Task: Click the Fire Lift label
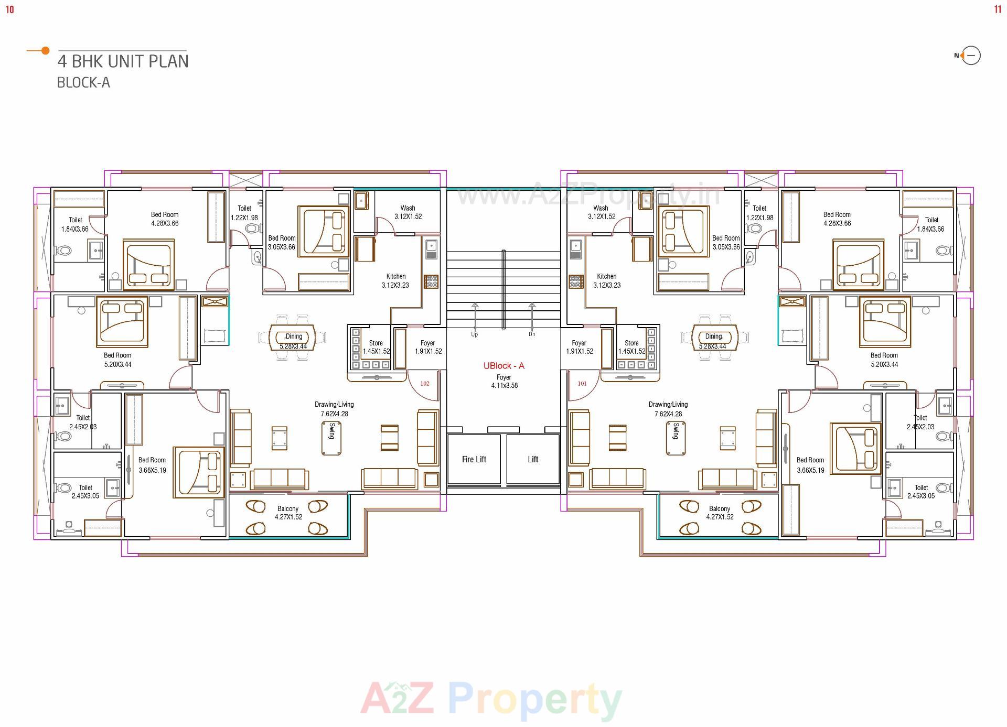pyautogui.click(x=474, y=460)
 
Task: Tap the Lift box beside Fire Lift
pyautogui.click(x=532, y=460)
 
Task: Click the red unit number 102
pyautogui.click(x=425, y=384)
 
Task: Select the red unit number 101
pyautogui.click(x=582, y=384)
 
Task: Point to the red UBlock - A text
pyautogui.click(x=504, y=366)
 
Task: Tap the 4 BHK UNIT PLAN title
pyautogui.click(x=123, y=61)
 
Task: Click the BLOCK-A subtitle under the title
pyautogui.click(x=83, y=83)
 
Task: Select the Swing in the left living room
pyautogui.click(x=331, y=438)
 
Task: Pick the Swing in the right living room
pyautogui.click(x=675, y=438)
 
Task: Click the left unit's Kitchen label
pyautogui.click(x=396, y=276)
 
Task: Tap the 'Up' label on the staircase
pyautogui.click(x=475, y=334)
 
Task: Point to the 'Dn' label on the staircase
pyautogui.click(x=532, y=334)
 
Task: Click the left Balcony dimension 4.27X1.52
pyautogui.click(x=288, y=517)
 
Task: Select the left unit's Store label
pyautogui.click(x=376, y=343)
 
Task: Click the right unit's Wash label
pyautogui.click(x=601, y=208)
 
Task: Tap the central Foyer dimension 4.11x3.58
pyautogui.click(x=504, y=386)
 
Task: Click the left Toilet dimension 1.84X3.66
pyautogui.click(x=75, y=229)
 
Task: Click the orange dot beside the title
pyautogui.click(x=46, y=51)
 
